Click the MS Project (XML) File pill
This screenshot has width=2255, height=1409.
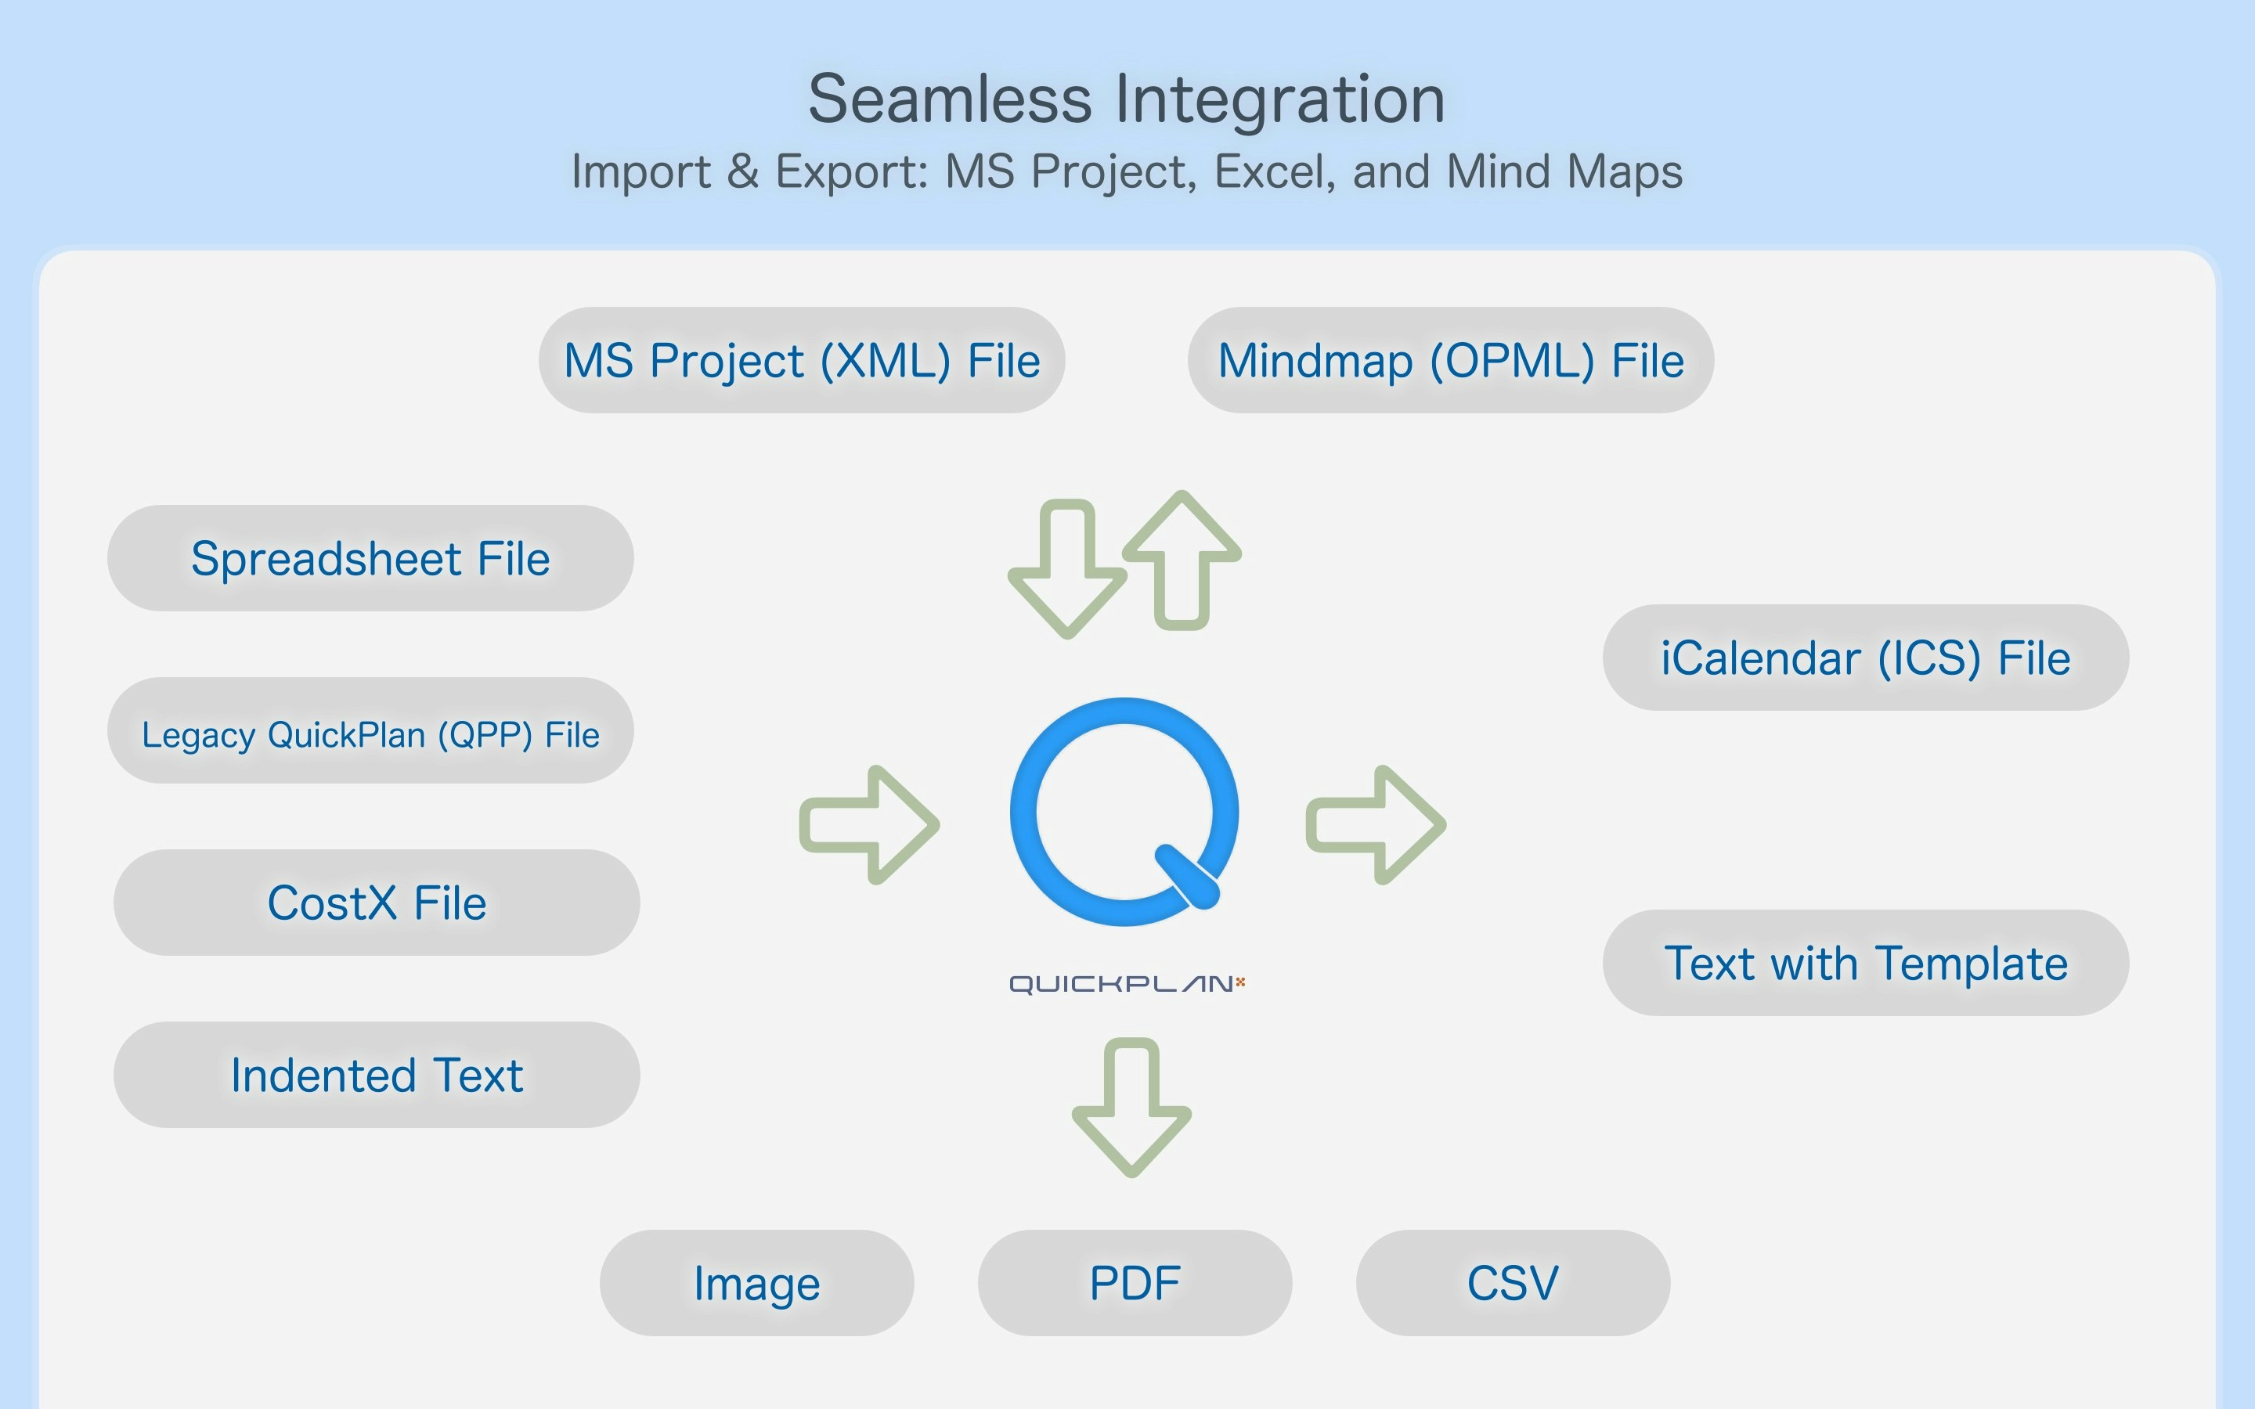pos(801,360)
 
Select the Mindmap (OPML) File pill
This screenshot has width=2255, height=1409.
pos(1451,360)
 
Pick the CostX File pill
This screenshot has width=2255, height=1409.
pos(377,902)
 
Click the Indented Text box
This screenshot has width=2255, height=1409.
pos(377,1075)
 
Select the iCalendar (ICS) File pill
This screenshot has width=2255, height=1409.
pos(1866,657)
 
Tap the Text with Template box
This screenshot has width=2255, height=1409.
pos(1866,963)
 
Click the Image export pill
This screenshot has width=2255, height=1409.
pos(756,1282)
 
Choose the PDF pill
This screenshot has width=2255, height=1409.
pos(1135,1282)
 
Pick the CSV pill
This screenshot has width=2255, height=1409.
pos(1513,1282)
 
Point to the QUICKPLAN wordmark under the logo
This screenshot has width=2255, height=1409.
pos(1127,984)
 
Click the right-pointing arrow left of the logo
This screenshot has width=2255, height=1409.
pos(869,825)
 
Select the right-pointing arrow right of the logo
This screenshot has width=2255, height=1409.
pos(1376,825)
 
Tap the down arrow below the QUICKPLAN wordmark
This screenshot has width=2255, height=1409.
pos(1131,1108)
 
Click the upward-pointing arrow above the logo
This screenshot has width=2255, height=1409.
pos(1182,560)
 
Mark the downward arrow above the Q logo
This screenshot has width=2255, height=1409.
pos(1068,569)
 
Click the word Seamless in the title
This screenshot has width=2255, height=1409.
pos(951,99)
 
